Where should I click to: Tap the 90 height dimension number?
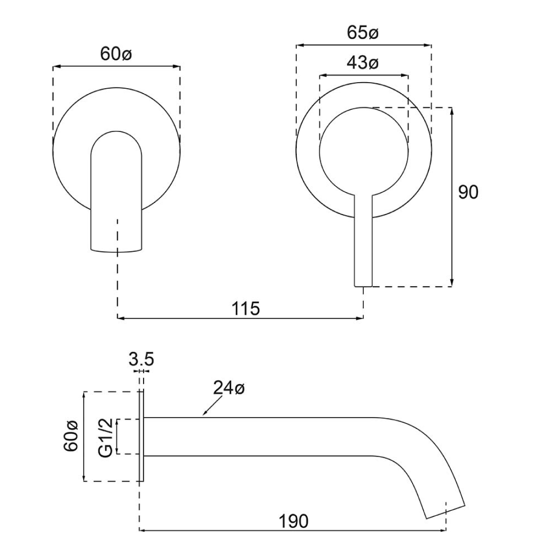468,192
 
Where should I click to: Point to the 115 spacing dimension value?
246,308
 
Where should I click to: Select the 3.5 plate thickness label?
141,360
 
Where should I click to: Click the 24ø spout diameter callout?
228,389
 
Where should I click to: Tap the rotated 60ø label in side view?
71,436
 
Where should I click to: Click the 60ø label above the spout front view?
116,54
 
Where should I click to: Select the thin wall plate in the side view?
142,437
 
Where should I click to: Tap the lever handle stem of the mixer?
364,242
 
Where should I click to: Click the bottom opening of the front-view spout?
116,250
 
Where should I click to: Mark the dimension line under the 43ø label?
364,76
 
